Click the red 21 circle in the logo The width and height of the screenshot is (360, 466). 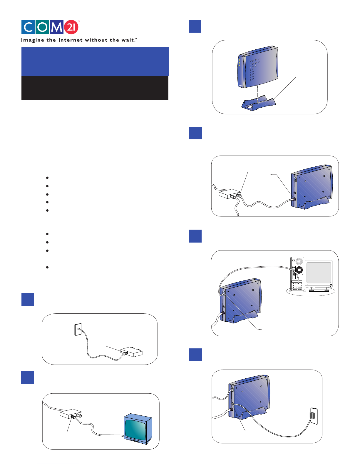point(71,27)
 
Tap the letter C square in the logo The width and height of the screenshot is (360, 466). point(28,27)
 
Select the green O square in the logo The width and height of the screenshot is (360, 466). point(42,27)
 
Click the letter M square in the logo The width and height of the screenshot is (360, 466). point(56,27)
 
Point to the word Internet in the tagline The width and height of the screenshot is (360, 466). point(71,40)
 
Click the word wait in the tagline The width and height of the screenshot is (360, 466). point(128,40)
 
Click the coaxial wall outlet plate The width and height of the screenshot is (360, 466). point(78,329)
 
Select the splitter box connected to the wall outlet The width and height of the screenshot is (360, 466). point(132,352)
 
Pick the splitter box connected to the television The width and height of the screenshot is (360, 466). point(71,414)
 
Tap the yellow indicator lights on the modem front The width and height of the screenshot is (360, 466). point(239,61)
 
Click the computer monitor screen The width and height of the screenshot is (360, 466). point(319,273)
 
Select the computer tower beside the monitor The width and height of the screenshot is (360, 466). point(297,274)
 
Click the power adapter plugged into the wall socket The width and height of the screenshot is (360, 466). point(312,415)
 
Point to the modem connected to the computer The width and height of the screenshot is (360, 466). point(241,301)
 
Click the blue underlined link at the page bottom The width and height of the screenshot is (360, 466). point(58,463)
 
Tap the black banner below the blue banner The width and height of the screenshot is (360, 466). point(95,88)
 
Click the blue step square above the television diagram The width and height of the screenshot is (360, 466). point(28,377)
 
